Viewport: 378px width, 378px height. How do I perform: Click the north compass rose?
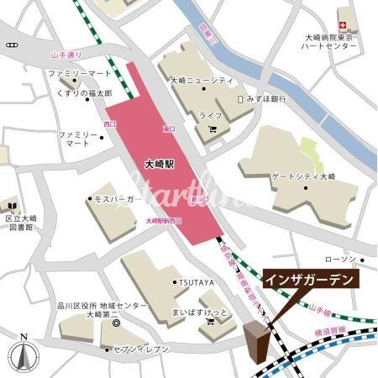pyautogui.click(x=24, y=356)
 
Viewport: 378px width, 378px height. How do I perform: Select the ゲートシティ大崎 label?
pyautogui.click(x=302, y=176)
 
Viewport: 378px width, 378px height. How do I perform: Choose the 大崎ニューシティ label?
pyautogui.click(x=202, y=81)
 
